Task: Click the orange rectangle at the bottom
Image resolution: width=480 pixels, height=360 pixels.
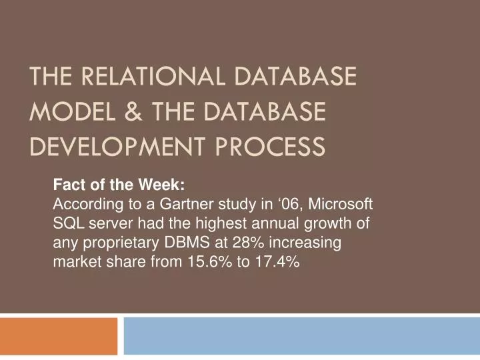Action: click(x=59, y=336)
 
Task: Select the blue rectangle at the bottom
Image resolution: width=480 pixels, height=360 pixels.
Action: click(x=301, y=336)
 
